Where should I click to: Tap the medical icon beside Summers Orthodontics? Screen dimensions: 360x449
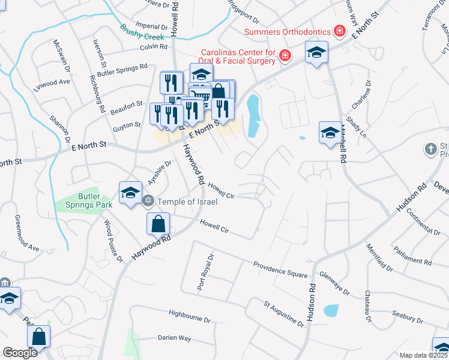click(340, 29)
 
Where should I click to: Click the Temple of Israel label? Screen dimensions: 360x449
click(187, 202)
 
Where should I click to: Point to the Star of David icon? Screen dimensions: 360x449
click(149, 202)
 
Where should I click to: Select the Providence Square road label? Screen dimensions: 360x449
click(280, 268)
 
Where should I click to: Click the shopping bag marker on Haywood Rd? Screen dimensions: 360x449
click(158, 224)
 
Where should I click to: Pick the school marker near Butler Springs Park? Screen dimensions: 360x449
click(130, 193)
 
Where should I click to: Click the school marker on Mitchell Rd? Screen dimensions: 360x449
click(330, 133)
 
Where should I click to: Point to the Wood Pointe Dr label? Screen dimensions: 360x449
click(113, 241)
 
